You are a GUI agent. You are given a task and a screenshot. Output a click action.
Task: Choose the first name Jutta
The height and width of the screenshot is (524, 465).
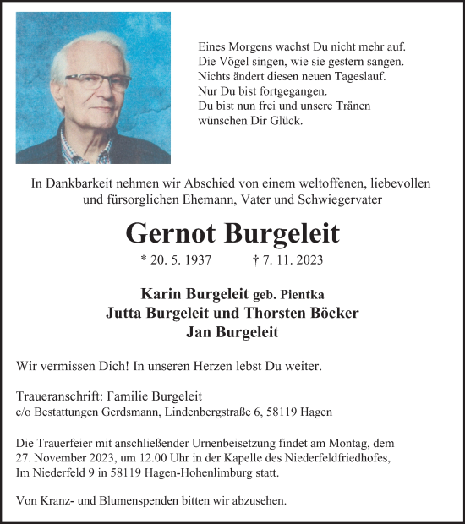tap(127, 313)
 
